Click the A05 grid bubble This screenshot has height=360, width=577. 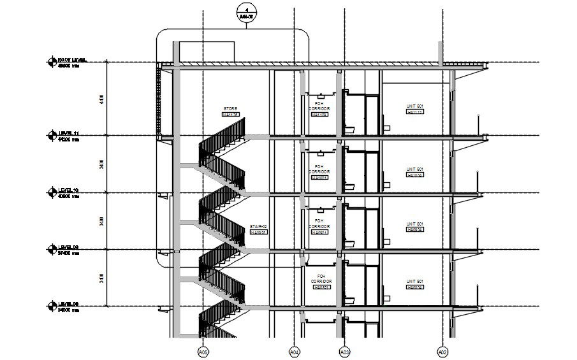[203, 351]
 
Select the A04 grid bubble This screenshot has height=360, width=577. [295, 351]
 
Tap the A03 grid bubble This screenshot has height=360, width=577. [344, 351]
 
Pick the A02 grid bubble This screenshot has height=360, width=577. [442, 351]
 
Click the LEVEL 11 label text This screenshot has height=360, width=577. [68, 133]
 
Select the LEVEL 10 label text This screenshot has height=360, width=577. [68, 191]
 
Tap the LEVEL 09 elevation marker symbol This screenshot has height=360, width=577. [52, 248]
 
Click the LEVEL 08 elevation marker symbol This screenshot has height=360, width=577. [52, 306]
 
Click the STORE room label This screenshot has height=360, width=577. [230, 109]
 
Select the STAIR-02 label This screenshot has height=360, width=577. [258, 226]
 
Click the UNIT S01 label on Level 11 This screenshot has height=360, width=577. [415, 106]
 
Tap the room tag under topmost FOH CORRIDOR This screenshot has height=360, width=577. [319, 114]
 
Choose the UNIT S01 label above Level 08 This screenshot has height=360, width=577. [415, 281]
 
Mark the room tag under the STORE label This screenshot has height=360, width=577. [230, 115]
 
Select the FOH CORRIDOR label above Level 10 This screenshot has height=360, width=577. [319, 169]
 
